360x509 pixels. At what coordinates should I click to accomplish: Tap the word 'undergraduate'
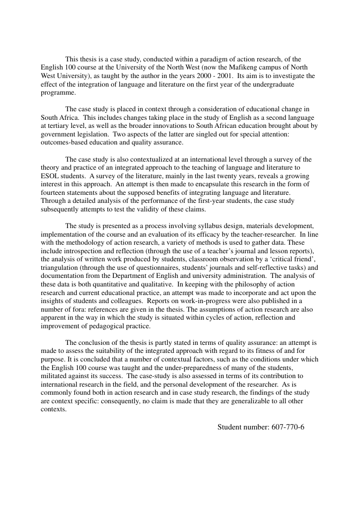(x=273, y=85)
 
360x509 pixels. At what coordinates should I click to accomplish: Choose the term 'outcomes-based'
(x=62, y=142)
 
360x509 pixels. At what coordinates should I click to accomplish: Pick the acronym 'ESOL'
(x=50, y=176)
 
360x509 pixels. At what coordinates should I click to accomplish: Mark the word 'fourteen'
(x=54, y=192)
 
